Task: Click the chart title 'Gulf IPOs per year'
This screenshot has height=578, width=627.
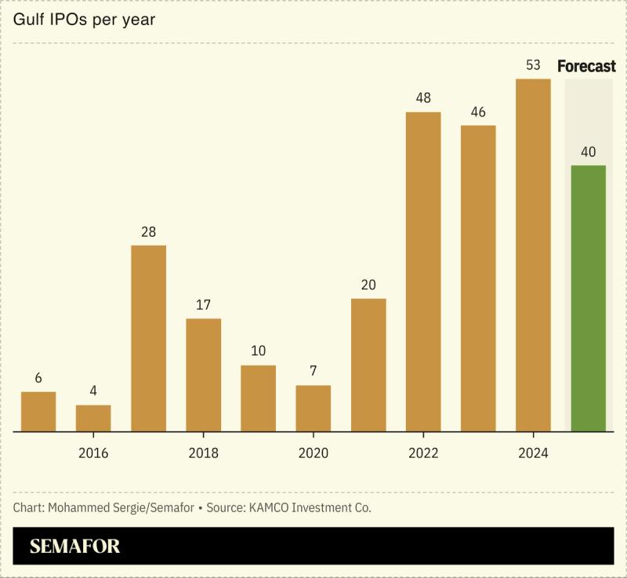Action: (85, 20)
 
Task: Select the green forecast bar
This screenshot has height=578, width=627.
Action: (588, 298)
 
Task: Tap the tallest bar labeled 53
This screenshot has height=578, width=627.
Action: (533, 255)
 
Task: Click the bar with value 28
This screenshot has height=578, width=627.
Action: (148, 338)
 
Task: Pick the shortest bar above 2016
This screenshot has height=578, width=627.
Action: (93, 418)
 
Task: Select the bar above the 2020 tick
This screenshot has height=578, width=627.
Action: (313, 408)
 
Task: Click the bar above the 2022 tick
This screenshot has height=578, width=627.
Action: (423, 271)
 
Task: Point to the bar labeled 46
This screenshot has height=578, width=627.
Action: (478, 278)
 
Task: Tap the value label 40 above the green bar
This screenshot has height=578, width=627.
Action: (588, 151)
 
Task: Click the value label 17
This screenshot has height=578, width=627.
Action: (203, 304)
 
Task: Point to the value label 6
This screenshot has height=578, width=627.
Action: (38, 378)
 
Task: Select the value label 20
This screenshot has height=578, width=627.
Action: (368, 285)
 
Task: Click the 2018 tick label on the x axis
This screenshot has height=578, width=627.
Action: (203, 453)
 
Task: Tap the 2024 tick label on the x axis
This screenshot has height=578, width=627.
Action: (533, 453)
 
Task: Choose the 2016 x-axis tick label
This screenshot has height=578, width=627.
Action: (93, 453)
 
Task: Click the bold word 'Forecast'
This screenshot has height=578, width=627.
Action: (586, 66)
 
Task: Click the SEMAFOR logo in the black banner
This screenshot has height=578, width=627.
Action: (75, 546)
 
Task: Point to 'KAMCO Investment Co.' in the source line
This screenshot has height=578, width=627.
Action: (311, 507)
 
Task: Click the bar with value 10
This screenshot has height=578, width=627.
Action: (258, 398)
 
